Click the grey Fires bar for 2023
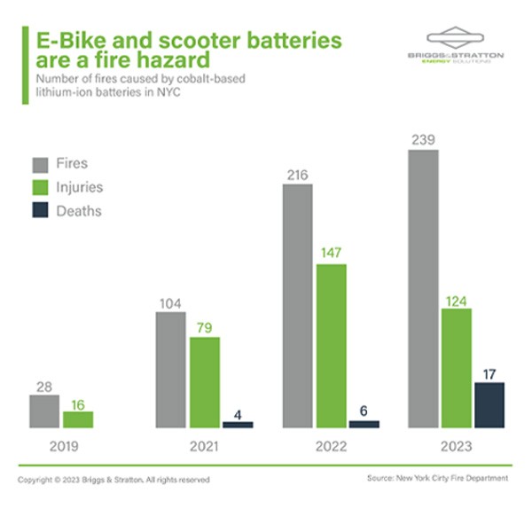tap(423, 288)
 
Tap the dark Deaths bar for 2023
tap(489, 405)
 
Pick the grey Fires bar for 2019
tap(44, 411)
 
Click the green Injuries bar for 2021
tap(205, 382)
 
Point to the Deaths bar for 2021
tap(238, 425)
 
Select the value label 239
tap(423, 139)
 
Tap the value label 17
tap(489, 372)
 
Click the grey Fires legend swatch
tap(39, 164)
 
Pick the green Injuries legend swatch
tap(39, 187)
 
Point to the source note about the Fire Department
tap(437, 478)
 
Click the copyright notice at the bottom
tap(113, 479)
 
